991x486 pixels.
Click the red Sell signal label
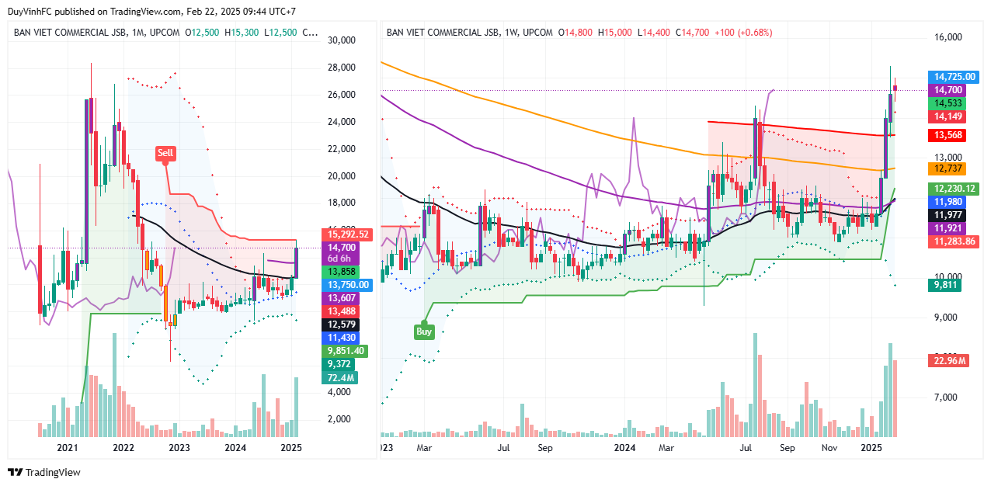pos(165,153)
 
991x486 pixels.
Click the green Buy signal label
pos(424,331)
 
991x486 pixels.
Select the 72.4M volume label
pos(339,377)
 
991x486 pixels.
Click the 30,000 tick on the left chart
pos(341,40)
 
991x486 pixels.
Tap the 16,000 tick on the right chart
pos(947,37)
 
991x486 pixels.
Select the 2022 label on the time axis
pos(123,448)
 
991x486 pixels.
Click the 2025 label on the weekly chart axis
pos(872,448)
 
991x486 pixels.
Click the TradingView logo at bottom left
pos(44,472)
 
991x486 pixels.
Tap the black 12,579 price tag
pos(337,324)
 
